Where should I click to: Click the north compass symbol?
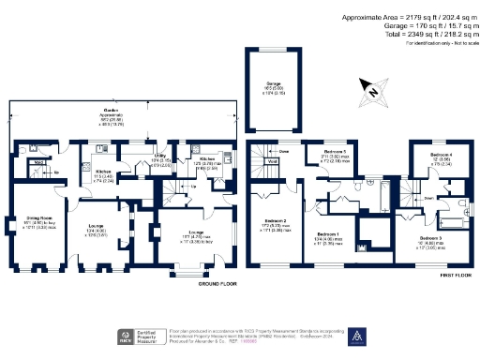(373, 91)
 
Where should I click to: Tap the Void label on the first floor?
(272, 161)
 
